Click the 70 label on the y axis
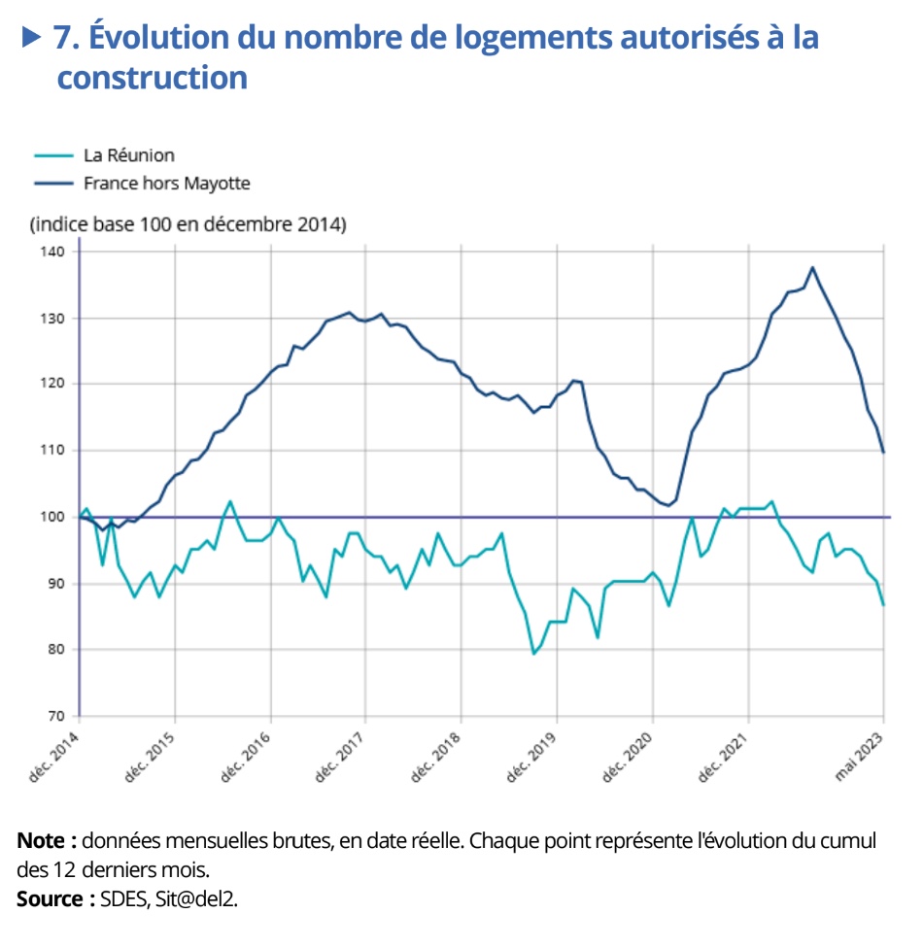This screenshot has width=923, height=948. pyautogui.click(x=56, y=716)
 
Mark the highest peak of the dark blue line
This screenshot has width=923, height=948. pyautogui.click(x=812, y=267)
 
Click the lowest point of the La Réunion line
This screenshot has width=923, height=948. pyautogui.click(x=533, y=654)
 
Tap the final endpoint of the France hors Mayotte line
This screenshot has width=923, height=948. pyautogui.click(x=883, y=453)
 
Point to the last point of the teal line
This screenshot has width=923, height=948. pyautogui.click(x=883, y=605)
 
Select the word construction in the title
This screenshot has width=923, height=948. pyautogui.click(x=152, y=78)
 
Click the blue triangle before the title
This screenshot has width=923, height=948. pyautogui.click(x=32, y=37)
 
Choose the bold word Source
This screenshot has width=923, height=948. pyautogui.click(x=52, y=898)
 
